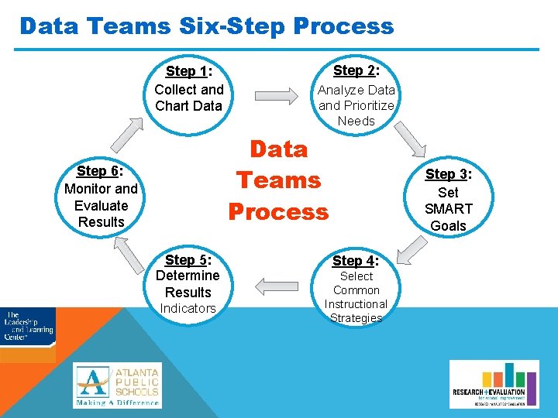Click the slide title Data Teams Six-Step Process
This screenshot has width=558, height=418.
(x=207, y=26)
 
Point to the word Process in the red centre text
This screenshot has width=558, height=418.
(x=278, y=211)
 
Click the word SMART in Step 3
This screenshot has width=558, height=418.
(x=448, y=209)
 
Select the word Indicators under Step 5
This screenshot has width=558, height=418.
(x=188, y=309)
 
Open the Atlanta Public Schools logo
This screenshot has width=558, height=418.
(x=118, y=385)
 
